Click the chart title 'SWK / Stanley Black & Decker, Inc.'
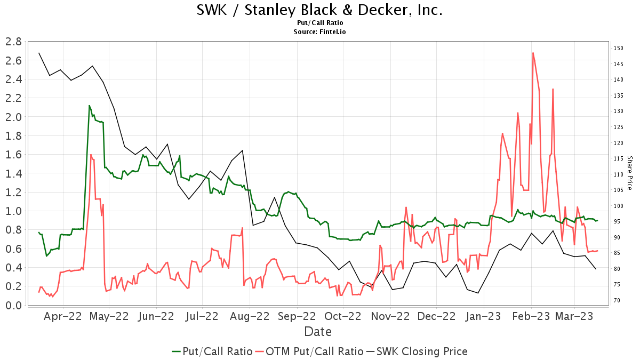(320, 10)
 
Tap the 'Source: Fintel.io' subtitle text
(320, 32)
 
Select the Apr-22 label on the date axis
(63, 316)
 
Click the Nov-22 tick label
(390, 316)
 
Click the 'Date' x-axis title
(318, 332)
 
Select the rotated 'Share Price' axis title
(629, 173)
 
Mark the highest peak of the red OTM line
(533, 52)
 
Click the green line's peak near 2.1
(89, 106)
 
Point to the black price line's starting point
(39, 53)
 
